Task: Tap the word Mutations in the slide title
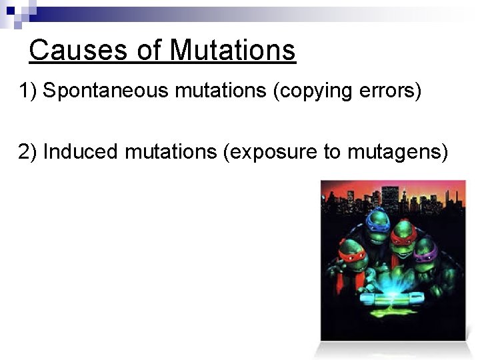tap(232, 50)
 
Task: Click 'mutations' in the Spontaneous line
tap(221, 91)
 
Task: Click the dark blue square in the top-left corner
tap(11, 11)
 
